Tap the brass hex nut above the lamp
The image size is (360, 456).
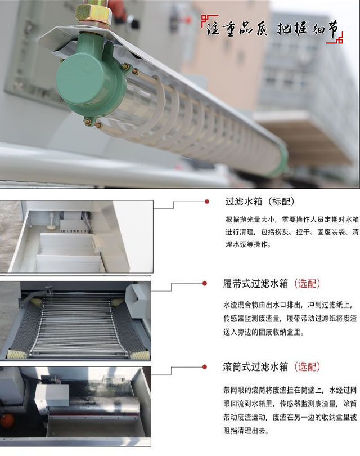pos(92,12)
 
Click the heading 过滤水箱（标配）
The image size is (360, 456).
pos(259,202)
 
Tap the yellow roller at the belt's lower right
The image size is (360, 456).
pos(141,355)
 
